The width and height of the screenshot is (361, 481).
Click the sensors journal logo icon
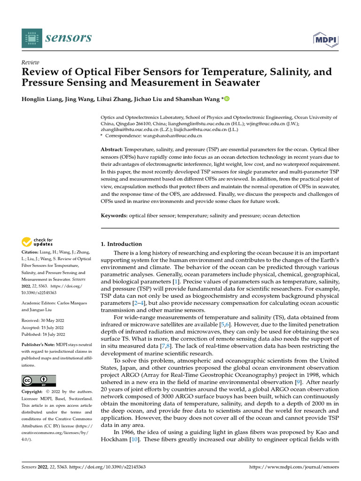31,38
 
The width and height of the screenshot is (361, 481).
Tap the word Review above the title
31,62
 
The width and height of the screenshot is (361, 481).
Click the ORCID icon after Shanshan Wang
228,99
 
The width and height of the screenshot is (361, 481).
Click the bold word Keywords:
114,216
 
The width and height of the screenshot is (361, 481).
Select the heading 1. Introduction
122,244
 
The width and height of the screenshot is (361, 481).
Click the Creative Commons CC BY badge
39,380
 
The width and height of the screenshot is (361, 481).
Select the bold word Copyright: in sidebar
34,392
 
